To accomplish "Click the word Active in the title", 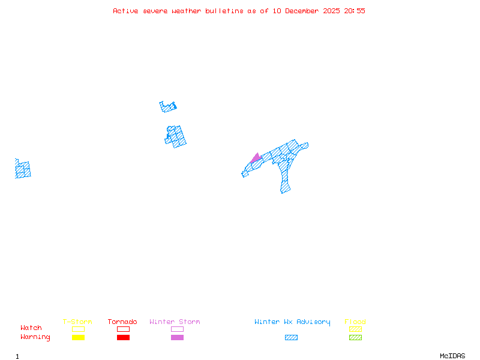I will click(x=125, y=11).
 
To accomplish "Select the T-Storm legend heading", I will click(x=77, y=322).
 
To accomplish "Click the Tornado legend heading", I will click(x=122, y=322).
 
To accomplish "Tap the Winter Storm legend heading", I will click(x=175, y=322).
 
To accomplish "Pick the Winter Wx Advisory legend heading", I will click(x=292, y=322).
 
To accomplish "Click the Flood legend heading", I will click(x=355, y=322).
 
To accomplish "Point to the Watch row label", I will click(x=31, y=328).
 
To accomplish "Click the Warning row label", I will click(x=35, y=337).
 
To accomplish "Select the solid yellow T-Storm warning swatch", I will click(x=78, y=337).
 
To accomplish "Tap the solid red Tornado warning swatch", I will click(x=123, y=337).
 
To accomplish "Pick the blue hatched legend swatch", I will click(x=291, y=337).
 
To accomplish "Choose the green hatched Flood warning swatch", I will click(x=355, y=337).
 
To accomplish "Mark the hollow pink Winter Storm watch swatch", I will click(x=177, y=329).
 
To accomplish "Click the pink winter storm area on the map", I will click(x=256, y=158).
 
